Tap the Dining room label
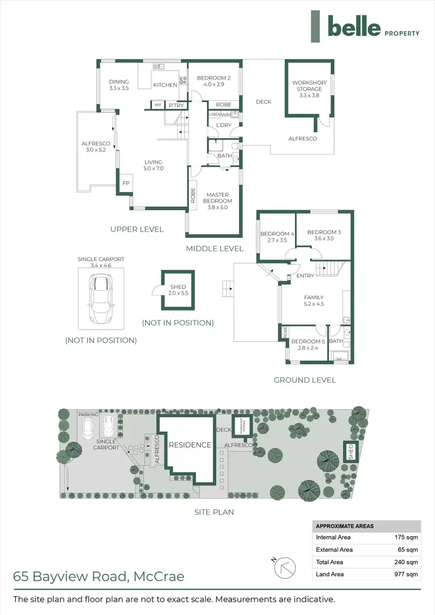(x=119, y=85)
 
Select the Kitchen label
(x=165, y=85)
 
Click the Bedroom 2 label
(x=213, y=82)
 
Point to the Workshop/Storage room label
(x=309, y=89)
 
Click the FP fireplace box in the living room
(x=125, y=183)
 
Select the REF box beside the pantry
(x=158, y=105)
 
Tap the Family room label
(x=314, y=301)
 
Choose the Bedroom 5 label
(x=308, y=345)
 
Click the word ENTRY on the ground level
(x=304, y=276)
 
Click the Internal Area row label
(x=333, y=537)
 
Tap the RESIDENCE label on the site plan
(x=190, y=445)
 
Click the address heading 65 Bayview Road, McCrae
(x=99, y=576)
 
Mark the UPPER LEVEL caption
(x=137, y=229)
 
